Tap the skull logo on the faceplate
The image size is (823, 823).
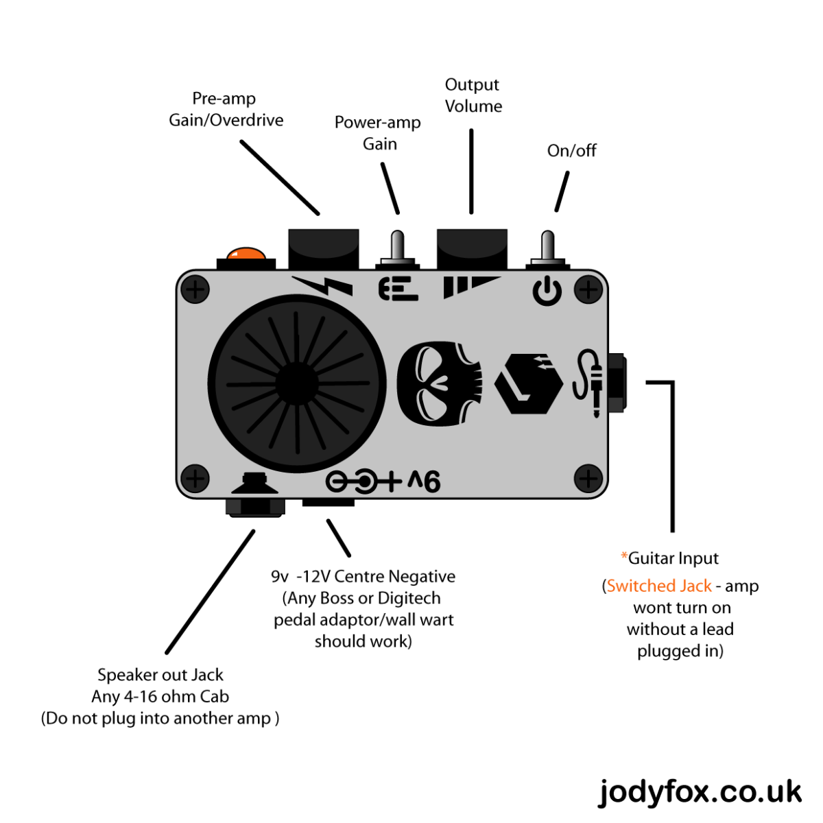click(x=439, y=384)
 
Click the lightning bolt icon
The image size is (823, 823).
click(x=323, y=285)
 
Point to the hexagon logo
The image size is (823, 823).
click(x=528, y=383)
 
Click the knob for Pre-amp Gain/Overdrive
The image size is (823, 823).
click(x=323, y=248)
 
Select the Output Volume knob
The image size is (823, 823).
click(x=472, y=248)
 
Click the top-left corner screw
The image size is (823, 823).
click(x=195, y=289)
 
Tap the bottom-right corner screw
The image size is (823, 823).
click(x=588, y=478)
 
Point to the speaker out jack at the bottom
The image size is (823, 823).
click(x=255, y=505)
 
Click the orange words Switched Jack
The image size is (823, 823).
click(x=659, y=586)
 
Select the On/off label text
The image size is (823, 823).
click(x=571, y=151)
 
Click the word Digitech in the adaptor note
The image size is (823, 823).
click(x=409, y=599)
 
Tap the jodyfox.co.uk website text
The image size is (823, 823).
click(x=700, y=792)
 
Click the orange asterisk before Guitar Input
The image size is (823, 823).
click(x=624, y=557)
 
